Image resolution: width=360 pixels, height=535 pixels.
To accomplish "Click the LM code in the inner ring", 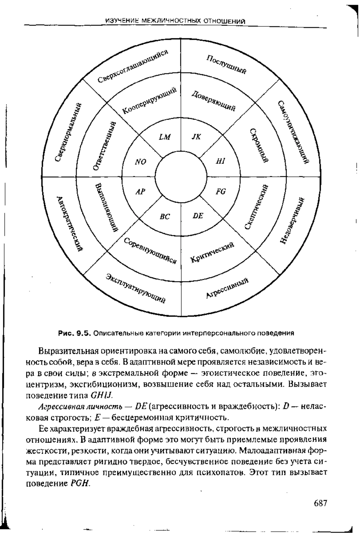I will pyautogui.click(x=164, y=137).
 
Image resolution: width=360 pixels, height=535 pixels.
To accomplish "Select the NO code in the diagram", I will pyautogui.click(x=140, y=162).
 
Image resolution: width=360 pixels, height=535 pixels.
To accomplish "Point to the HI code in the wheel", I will pyautogui.click(x=220, y=162).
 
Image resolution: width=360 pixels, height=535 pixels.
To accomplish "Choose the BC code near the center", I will pyautogui.click(x=165, y=216).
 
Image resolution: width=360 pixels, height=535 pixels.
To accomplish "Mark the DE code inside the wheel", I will pyautogui.click(x=198, y=216).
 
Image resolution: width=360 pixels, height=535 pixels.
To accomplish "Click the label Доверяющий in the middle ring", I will pyautogui.click(x=213, y=101).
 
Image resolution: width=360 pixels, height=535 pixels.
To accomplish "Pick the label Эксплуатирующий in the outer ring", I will pyautogui.click(x=136, y=288).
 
